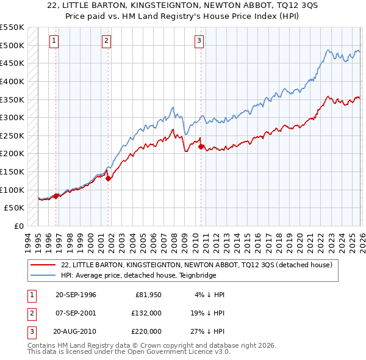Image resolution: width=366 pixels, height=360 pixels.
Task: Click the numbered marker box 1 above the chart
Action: tap(54, 41)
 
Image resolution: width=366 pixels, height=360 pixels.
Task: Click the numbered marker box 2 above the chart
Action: tap(106, 41)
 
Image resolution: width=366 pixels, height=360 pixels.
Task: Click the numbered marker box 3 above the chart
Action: tap(199, 41)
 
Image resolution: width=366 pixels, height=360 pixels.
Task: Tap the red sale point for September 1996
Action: tap(56, 196)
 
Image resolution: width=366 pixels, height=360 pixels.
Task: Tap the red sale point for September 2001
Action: tap(108, 178)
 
